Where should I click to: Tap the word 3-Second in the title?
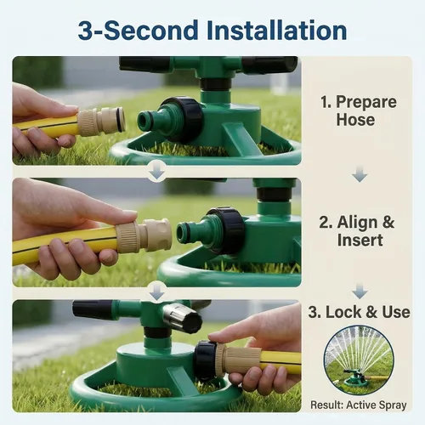click(x=138, y=31)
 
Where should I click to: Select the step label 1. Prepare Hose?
click(x=358, y=110)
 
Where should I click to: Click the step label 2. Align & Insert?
click(x=357, y=230)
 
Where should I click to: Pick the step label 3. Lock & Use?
click(x=359, y=312)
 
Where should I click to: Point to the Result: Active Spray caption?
click(x=359, y=405)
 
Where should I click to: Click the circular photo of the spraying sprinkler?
click(x=359, y=360)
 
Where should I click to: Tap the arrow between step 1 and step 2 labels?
click(x=360, y=173)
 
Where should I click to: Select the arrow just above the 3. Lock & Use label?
click(x=360, y=291)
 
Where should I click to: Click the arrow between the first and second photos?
click(x=157, y=170)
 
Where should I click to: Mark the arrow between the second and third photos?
click(x=157, y=292)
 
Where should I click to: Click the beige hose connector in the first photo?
click(x=101, y=122)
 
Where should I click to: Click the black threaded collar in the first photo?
click(x=183, y=118)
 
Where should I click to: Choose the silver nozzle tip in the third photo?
click(x=174, y=314)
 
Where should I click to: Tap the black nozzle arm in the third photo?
click(x=92, y=309)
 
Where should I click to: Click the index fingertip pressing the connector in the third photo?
click(x=216, y=337)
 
